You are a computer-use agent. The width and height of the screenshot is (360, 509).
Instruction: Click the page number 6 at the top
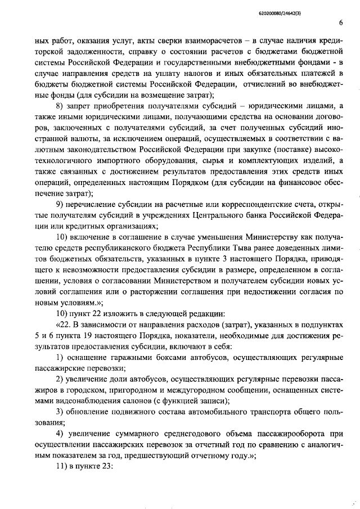coord(341,22)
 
